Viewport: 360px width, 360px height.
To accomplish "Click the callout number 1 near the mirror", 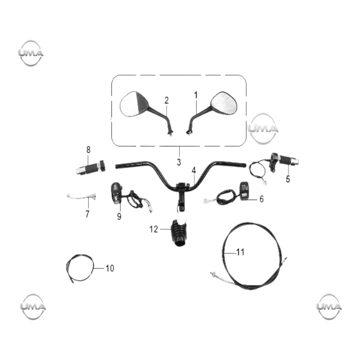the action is pos(195,95).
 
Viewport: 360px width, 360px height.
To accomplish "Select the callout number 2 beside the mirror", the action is pos(166,100).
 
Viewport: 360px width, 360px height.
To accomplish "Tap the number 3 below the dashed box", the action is pos(179,162).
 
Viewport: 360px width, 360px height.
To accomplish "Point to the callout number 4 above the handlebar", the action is pos(194,170).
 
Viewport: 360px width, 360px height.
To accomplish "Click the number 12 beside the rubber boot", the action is pos(154,229).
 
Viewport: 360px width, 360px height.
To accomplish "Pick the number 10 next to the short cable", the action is pos(110,268).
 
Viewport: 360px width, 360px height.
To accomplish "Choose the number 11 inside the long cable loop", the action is pos(240,252).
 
